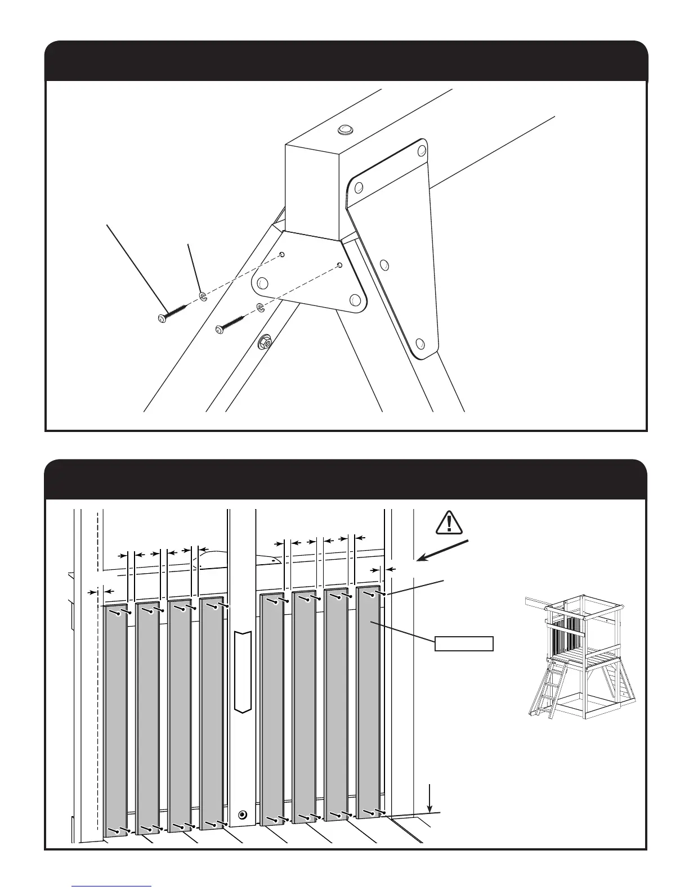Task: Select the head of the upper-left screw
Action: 162,318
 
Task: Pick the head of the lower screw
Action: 220,331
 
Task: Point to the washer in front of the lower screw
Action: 261,308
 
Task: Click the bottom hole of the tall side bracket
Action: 419,343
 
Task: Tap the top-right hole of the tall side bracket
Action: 422,151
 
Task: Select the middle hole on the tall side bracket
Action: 385,264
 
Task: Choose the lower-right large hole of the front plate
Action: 354,300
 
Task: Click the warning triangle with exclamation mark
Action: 449,523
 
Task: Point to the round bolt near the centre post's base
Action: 243,814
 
